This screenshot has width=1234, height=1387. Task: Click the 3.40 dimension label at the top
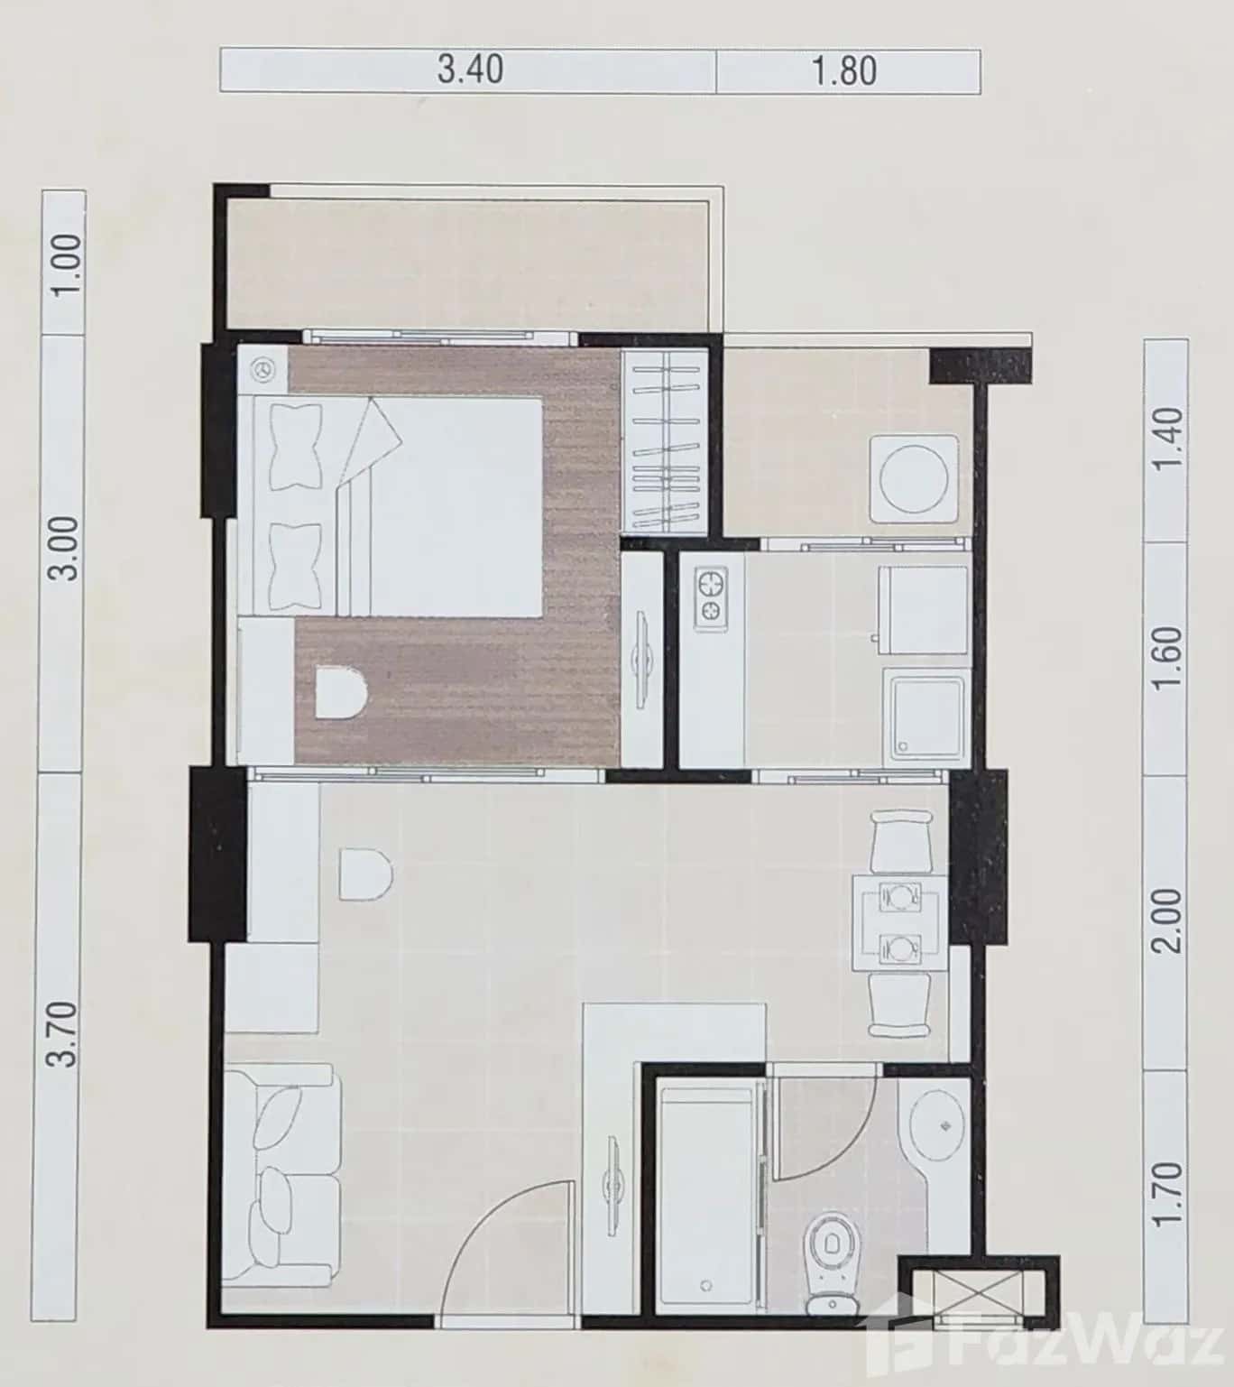click(x=470, y=69)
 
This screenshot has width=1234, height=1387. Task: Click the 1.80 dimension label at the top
click(x=844, y=70)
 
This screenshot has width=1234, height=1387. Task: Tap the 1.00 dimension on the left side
click(x=66, y=263)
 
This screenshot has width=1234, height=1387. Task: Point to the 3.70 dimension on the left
click(x=64, y=1034)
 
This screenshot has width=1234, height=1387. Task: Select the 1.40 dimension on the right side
click(x=1166, y=438)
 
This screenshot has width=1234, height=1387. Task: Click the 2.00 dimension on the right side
click(x=1166, y=920)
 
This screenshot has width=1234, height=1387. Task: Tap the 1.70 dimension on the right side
click(x=1166, y=1193)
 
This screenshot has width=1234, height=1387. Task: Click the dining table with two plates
click(x=899, y=922)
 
